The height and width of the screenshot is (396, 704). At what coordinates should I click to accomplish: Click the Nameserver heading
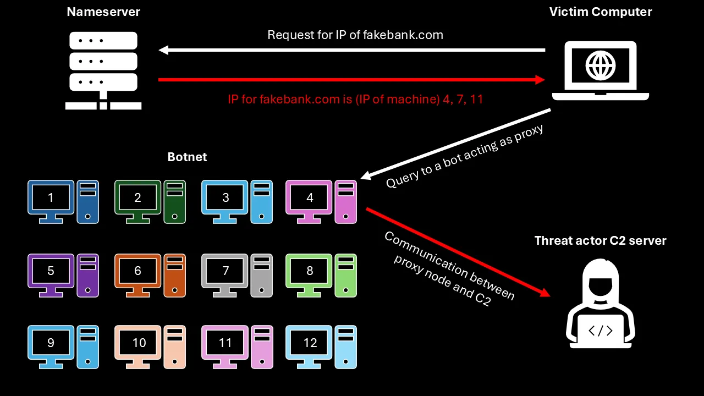coord(103,12)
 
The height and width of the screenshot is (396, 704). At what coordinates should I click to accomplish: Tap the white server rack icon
coord(103,69)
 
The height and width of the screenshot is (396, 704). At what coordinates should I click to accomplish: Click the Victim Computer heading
coord(601,12)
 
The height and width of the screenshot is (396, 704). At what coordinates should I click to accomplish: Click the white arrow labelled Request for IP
coord(352,50)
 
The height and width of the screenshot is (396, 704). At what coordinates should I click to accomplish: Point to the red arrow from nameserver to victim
coord(352,80)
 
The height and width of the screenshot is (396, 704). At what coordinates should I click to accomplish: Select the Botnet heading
coord(187,157)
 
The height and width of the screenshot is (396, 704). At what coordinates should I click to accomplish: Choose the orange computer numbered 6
coord(138,271)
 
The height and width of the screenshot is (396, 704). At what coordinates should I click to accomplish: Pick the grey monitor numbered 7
coord(225,271)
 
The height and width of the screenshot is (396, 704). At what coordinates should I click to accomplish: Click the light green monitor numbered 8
coord(309,271)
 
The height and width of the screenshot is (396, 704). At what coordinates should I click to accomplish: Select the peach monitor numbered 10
coord(138,343)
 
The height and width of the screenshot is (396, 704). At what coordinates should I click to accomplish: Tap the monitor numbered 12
coord(309,343)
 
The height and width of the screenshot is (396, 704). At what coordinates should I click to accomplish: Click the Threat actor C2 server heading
coord(600,240)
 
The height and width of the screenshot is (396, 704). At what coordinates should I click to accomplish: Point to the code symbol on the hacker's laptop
coord(600,331)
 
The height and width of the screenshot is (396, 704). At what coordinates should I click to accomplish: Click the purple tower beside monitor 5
coord(88,275)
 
